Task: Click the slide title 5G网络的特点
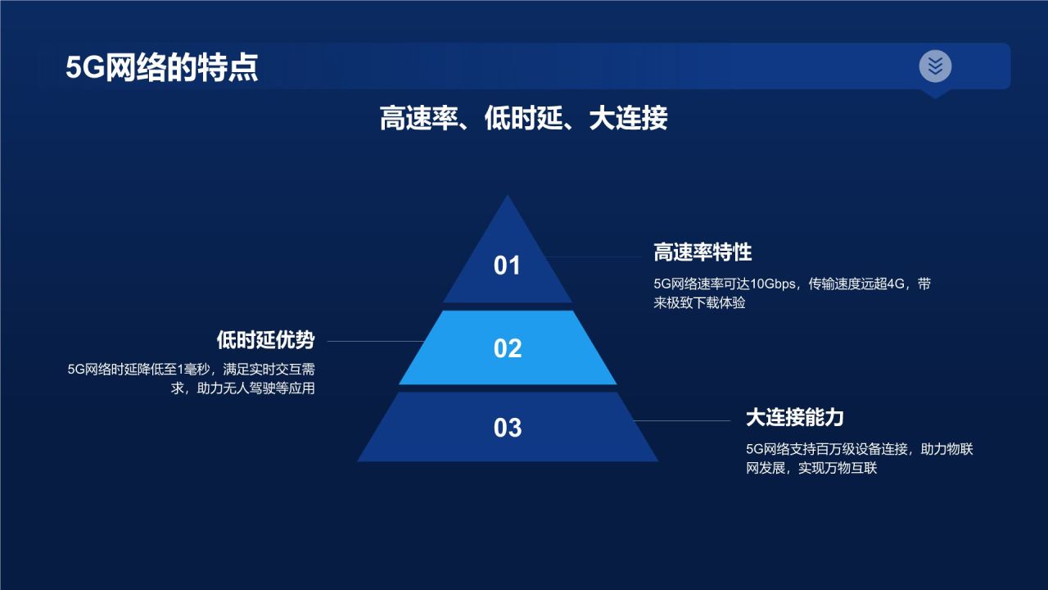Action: [161, 67]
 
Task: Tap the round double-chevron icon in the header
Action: [935, 66]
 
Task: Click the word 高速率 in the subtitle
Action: [418, 119]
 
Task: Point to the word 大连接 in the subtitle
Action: [628, 119]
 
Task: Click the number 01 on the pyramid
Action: [507, 265]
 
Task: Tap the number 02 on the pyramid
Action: [507, 348]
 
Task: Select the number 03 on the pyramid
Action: [507, 428]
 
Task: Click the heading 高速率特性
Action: [702, 252]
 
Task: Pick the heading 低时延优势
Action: [265, 340]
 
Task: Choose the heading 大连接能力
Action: [794, 417]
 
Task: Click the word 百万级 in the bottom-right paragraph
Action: [832, 450]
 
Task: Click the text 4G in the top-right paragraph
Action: [895, 284]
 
